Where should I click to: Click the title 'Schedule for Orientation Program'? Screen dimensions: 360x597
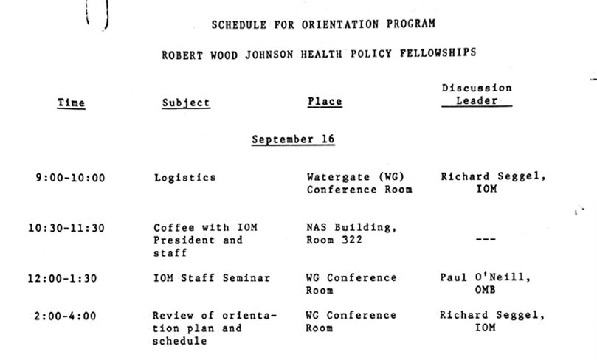323,24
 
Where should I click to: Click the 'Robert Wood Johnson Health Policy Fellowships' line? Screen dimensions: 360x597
320,53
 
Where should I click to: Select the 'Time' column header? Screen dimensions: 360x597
71,103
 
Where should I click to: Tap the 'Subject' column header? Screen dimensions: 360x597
186,103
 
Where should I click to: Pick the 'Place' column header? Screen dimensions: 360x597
325,102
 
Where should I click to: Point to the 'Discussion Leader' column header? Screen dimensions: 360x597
477,94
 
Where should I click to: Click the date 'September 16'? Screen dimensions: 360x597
293,139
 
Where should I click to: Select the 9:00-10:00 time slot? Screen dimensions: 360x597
70,177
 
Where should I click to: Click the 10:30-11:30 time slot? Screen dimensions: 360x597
66,228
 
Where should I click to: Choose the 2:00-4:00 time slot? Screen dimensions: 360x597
65,316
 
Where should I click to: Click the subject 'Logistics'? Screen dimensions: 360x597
185,177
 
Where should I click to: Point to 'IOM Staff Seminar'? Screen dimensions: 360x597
211,278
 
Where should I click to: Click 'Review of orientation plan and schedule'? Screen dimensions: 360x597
214,328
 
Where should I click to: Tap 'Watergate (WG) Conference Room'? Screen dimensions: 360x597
359,183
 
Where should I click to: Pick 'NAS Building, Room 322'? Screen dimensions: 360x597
351,234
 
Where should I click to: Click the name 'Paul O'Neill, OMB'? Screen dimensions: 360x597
485,284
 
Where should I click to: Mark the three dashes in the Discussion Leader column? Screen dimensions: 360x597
486,240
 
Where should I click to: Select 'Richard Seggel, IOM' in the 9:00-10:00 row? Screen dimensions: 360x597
493,183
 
